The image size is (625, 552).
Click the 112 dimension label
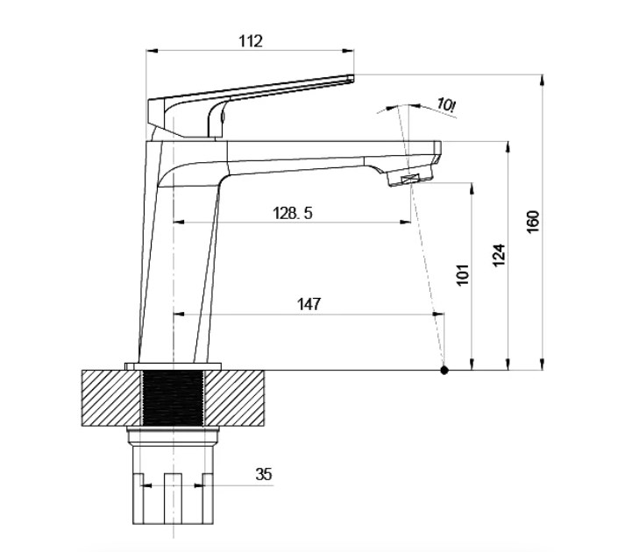click(x=251, y=41)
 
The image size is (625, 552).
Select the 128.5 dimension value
click(x=293, y=213)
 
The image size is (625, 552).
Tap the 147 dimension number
click(x=309, y=304)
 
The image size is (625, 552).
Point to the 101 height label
click(x=462, y=274)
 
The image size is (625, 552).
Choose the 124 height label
click(x=499, y=256)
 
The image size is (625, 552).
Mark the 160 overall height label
click(x=533, y=222)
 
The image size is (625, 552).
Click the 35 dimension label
click(x=264, y=474)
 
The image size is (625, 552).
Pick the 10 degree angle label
click(x=446, y=105)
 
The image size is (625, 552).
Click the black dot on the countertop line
click(x=444, y=371)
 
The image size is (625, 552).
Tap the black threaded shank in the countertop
click(x=173, y=398)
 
